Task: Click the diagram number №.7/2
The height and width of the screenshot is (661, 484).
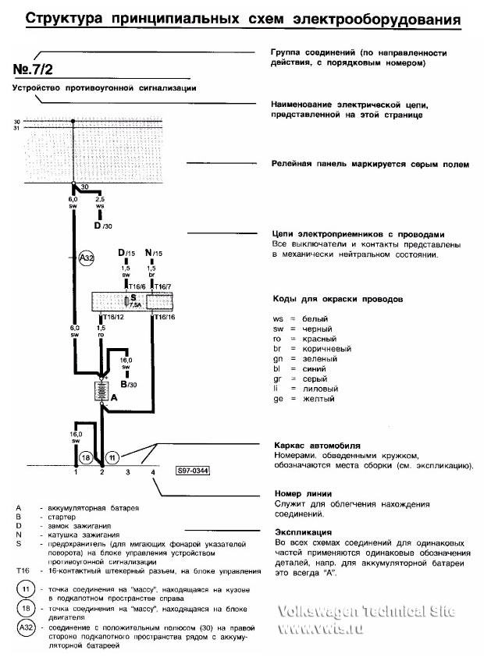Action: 36,70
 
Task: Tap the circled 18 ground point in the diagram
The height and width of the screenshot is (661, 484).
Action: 87,457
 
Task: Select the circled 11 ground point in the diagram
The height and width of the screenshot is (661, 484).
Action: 112,457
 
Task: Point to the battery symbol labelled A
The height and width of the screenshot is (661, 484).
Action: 101,390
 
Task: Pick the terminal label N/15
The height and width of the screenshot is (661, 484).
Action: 153,253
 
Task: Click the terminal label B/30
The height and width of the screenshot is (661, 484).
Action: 129,384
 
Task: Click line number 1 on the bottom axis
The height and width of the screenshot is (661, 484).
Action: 76,473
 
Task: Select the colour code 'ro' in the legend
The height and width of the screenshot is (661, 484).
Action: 277,339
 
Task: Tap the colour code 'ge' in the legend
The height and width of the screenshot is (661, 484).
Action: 277,399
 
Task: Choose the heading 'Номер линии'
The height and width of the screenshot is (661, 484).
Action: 304,493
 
